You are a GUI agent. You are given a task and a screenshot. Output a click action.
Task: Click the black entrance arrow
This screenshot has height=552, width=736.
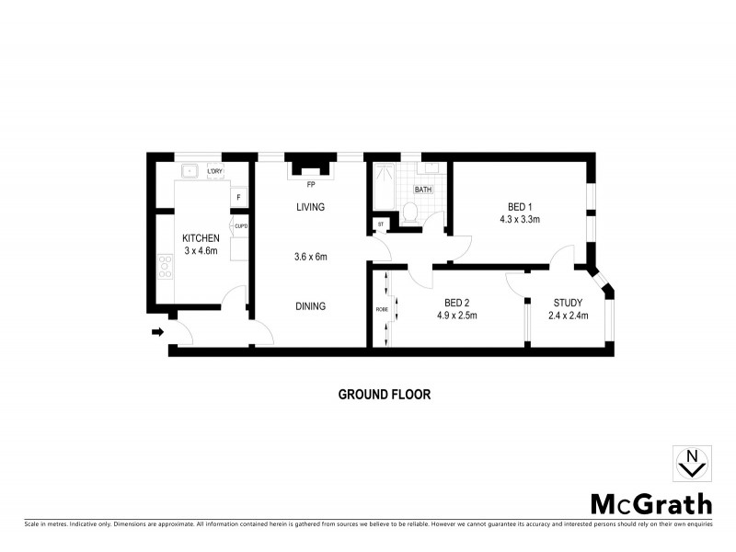tap(157, 332)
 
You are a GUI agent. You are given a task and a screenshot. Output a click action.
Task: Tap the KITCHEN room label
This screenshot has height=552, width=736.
tap(201, 239)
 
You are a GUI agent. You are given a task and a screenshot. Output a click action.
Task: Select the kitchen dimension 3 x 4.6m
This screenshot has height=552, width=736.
tap(201, 252)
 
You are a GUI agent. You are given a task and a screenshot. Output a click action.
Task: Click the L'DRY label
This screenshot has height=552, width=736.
tap(214, 172)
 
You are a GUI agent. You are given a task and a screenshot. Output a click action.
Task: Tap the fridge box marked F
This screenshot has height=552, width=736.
tap(238, 197)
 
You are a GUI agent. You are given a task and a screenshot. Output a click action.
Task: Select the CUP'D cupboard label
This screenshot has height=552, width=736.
tap(241, 225)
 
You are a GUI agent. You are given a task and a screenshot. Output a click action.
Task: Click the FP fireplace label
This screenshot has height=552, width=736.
tap(311, 183)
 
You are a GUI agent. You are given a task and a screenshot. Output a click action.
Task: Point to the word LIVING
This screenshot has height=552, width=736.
tap(310, 207)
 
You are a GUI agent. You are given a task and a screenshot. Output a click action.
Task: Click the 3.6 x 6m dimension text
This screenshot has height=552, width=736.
tap(310, 256)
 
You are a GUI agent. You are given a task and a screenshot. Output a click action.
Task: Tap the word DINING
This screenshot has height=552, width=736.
tap(310, 306)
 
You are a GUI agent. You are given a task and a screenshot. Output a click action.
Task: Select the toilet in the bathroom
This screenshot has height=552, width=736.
tap(411, 213)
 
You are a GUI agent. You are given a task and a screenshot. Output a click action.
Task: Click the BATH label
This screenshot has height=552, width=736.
tap(423, 190)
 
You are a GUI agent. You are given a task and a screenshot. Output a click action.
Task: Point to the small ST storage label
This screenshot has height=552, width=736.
tap(380, 224)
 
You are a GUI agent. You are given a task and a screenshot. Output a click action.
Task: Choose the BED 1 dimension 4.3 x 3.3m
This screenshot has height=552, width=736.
tap(519, 220)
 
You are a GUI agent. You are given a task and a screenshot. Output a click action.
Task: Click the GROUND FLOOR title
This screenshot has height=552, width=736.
tap(385, 394)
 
